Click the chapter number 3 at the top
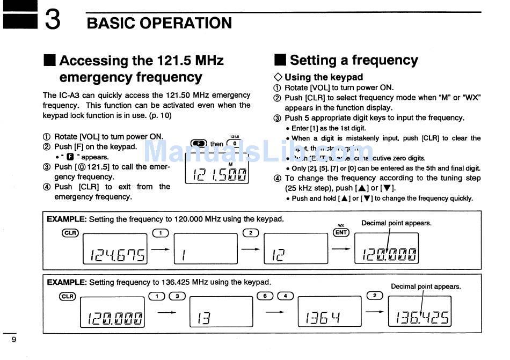coord(52,20)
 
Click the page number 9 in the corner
coord(14,340)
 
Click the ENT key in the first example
coord(341,232)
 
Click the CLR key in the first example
coord(70,232)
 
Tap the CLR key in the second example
coord(67,296)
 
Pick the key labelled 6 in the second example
coord(265,296)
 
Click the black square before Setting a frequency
coord(280,60)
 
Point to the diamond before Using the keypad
coord(278,77)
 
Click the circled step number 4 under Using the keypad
coord(277,179)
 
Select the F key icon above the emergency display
coord(199,143)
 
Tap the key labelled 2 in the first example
coord(251,232)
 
